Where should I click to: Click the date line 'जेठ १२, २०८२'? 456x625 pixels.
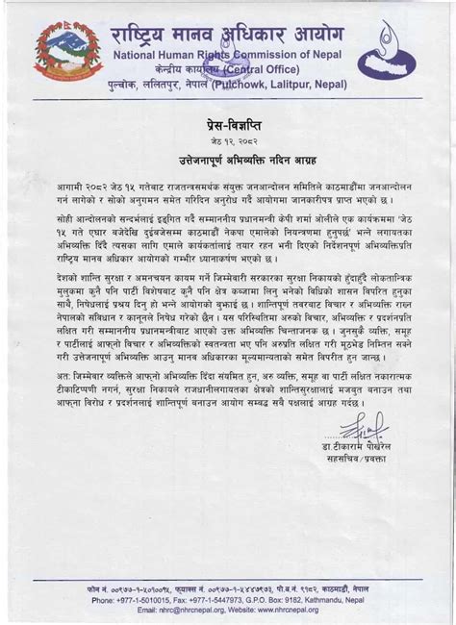tap(227, 140)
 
